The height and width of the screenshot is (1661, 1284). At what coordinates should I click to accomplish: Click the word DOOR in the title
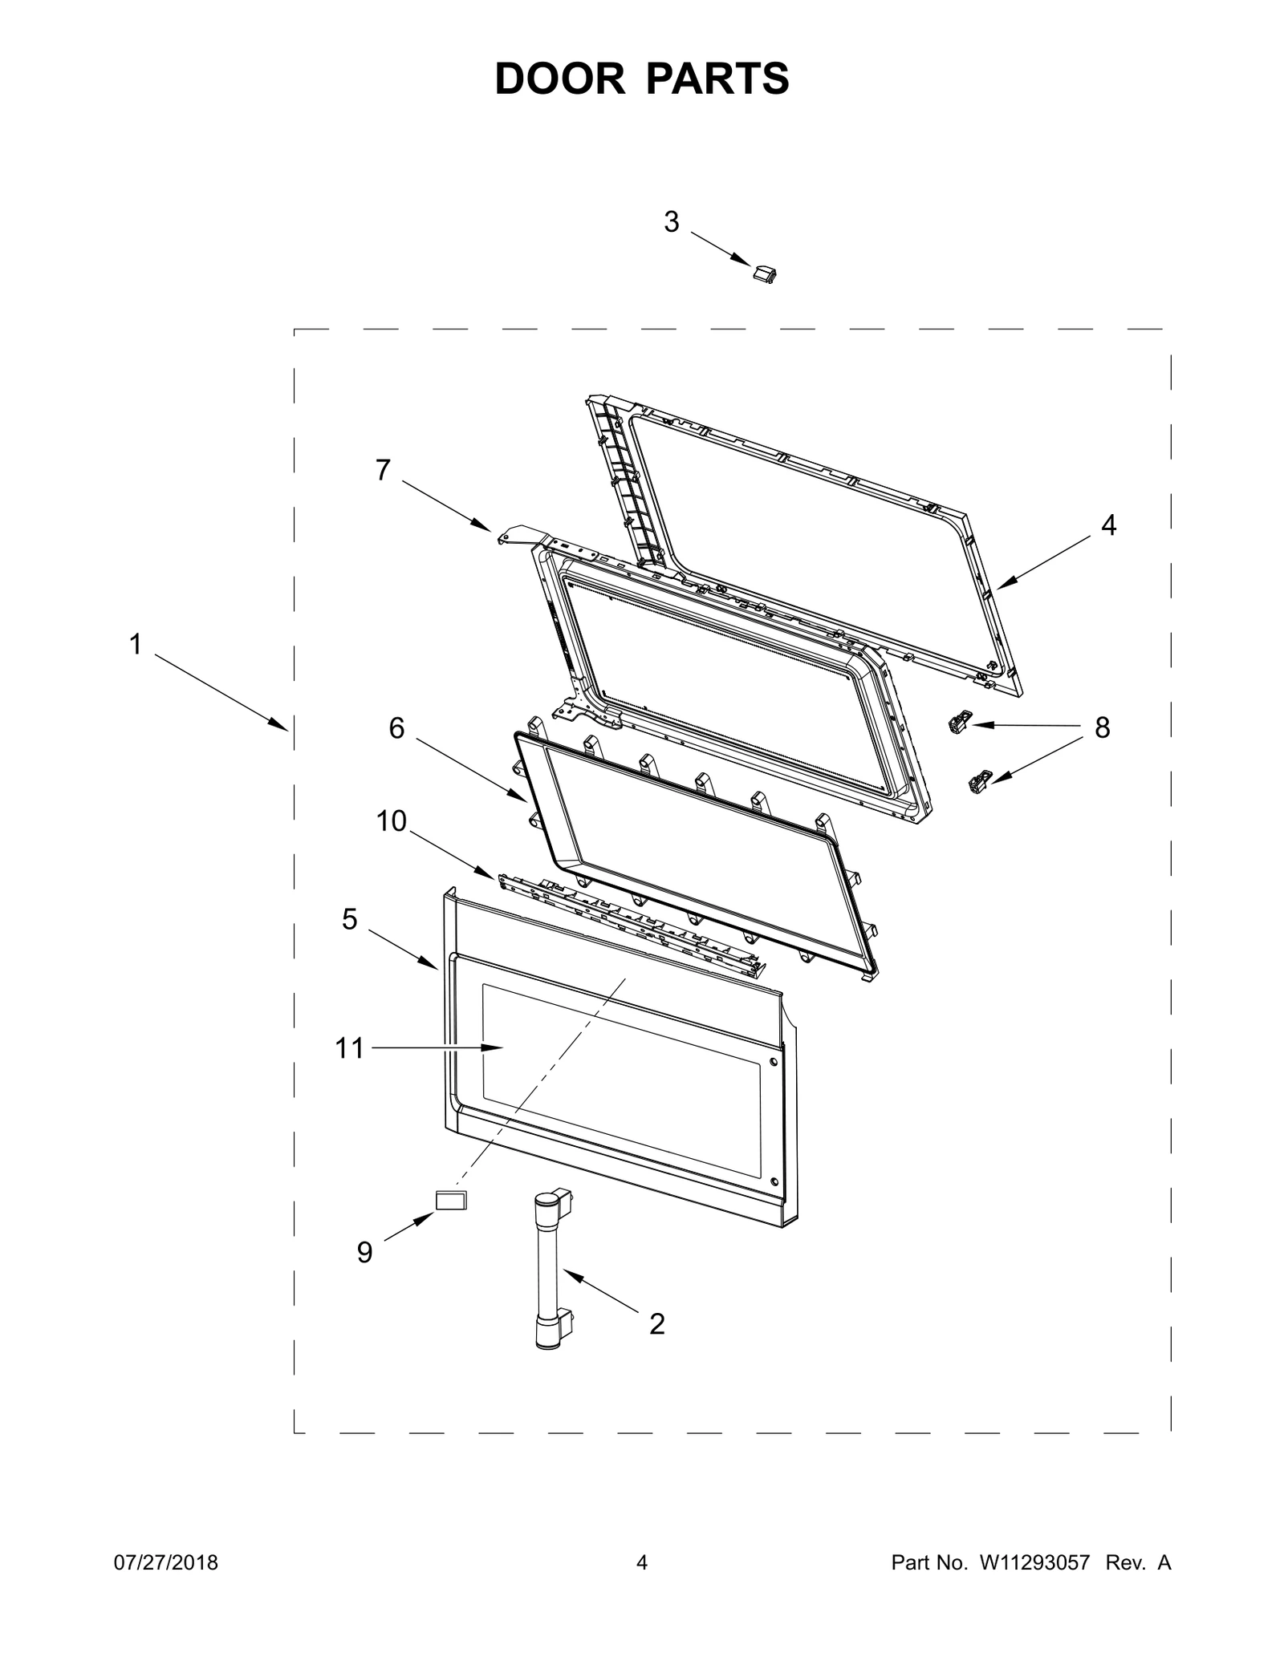coord(559,79)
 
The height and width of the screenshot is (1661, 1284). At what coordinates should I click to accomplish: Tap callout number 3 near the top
coord(672,221)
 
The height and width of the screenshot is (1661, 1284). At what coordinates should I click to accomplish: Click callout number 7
coord(383,470)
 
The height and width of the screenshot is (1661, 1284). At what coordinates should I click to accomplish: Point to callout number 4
coord(1108,525)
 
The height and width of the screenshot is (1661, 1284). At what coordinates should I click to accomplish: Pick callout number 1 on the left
coord(136,643)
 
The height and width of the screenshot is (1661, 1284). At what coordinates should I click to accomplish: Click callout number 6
coord(396,728)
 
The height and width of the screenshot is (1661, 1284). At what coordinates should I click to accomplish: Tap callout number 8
coord(1102,728)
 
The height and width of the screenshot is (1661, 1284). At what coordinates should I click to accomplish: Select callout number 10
coord(392,821)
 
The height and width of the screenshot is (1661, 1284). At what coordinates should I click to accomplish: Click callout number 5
coord(349,919)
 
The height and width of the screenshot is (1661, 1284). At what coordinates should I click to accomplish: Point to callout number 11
coord(350,1048)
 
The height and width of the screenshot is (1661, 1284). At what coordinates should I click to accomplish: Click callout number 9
coord(364,1252)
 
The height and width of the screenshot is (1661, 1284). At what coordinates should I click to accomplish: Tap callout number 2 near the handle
coord(656,1324)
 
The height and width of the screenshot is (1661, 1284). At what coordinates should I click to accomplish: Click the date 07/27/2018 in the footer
coord(164,1562)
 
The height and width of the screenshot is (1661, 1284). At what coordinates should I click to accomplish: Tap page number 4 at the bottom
coord(641,1562)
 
